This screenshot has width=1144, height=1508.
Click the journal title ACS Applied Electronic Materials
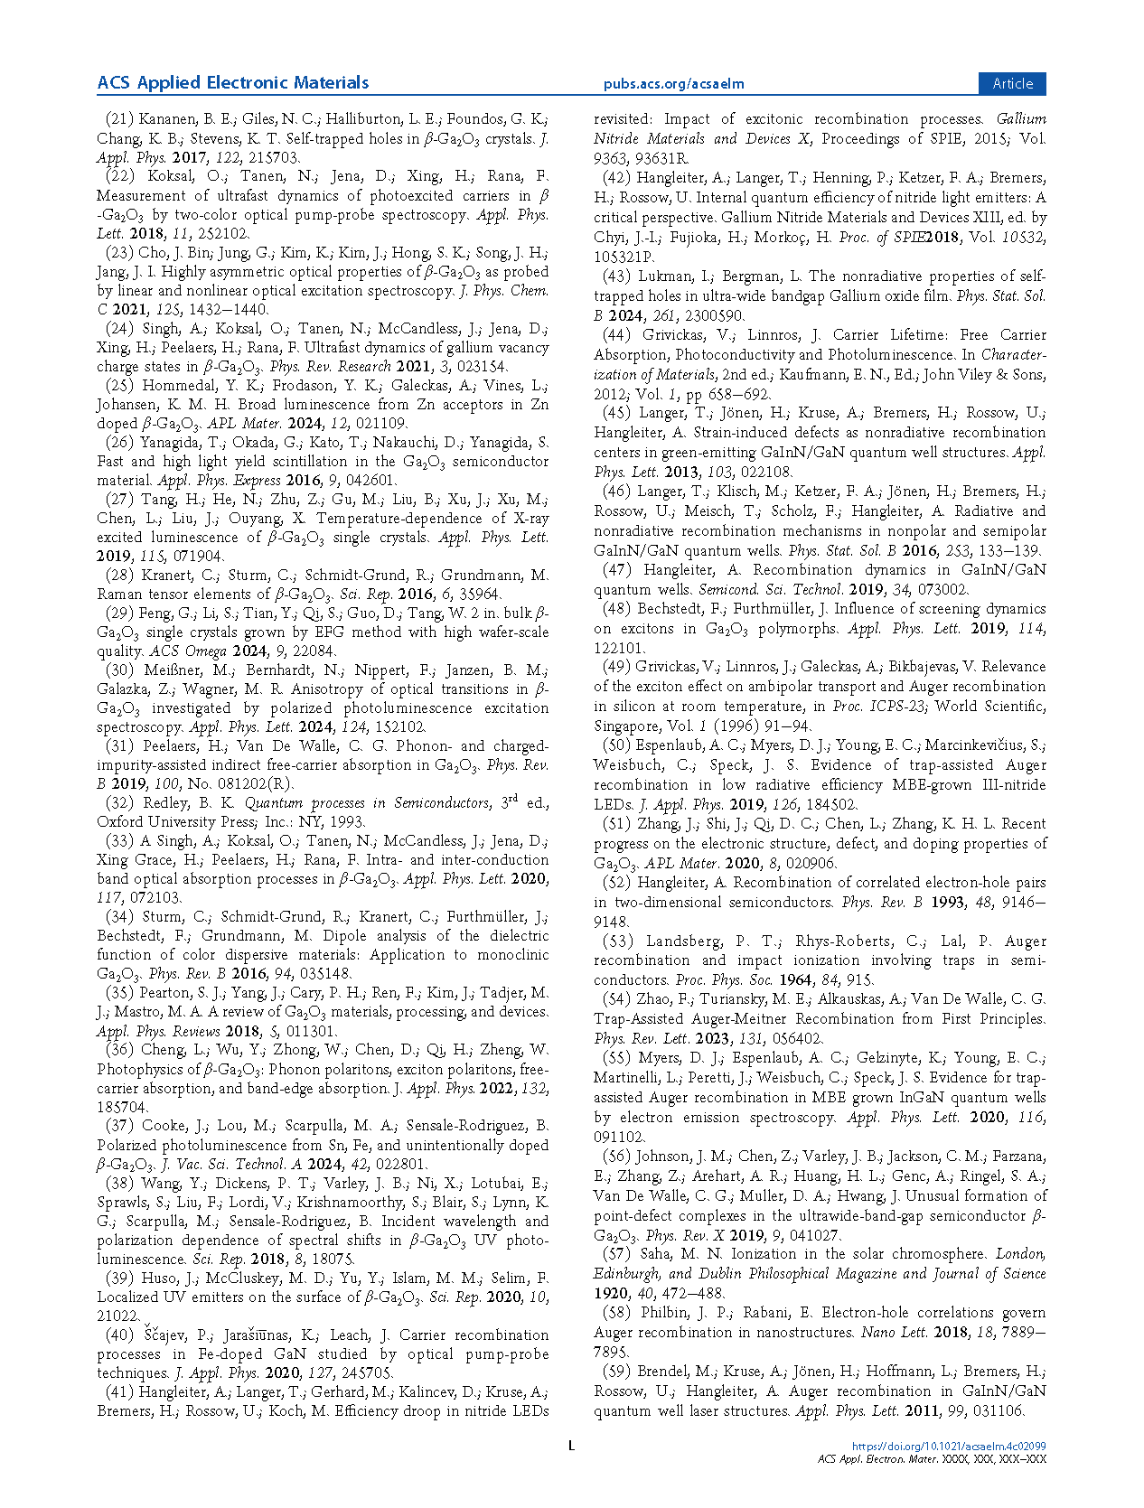tap(233, 83)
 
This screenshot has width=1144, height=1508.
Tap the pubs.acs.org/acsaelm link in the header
tap(673, 84)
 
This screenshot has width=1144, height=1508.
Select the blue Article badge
tap(1012, 83)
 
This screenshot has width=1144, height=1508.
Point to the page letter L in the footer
tap(571, 1446)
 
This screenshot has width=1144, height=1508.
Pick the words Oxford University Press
tap(177, 822)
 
